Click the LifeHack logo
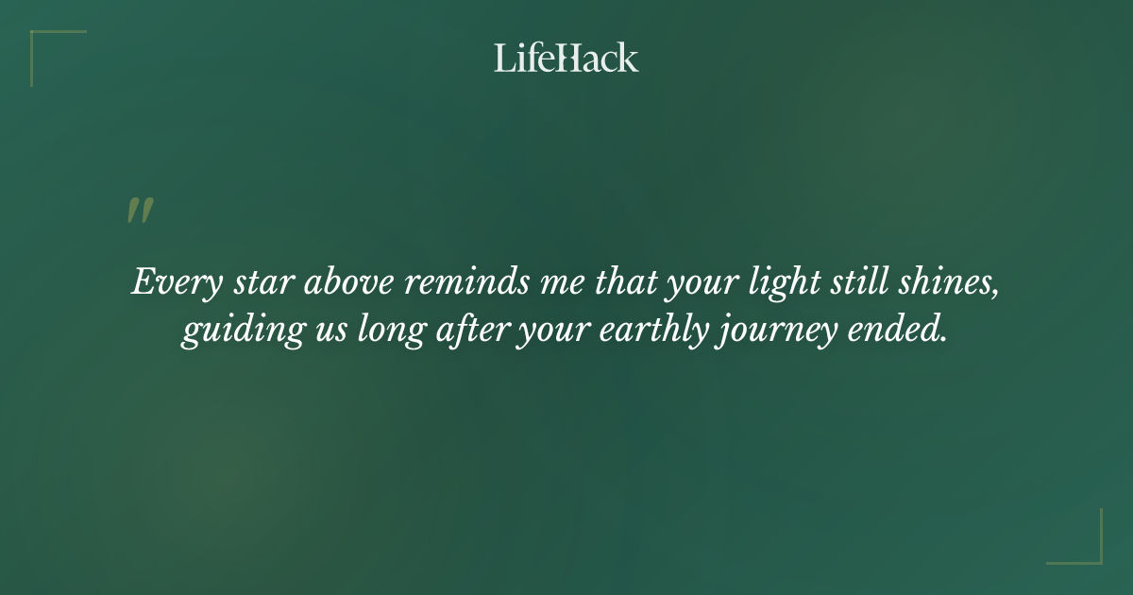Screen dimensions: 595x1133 click(566, 58)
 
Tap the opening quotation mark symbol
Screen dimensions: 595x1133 click(140, 211)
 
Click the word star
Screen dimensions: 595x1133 click(250, 283)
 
